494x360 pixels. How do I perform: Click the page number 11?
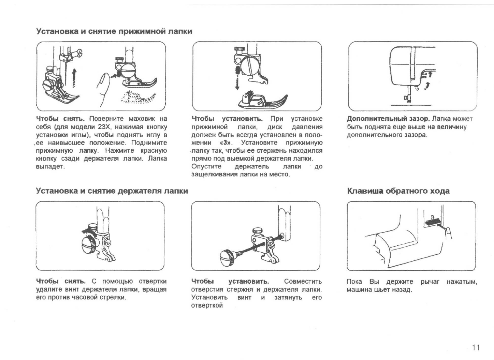tap(476, 347)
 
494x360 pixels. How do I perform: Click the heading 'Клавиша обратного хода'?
tap(398, 191)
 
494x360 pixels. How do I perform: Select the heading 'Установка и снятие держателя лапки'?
tap(112, 191)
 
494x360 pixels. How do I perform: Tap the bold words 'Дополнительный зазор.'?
tap(388, 119)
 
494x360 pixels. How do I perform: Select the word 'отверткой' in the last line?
tap(207, 305)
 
